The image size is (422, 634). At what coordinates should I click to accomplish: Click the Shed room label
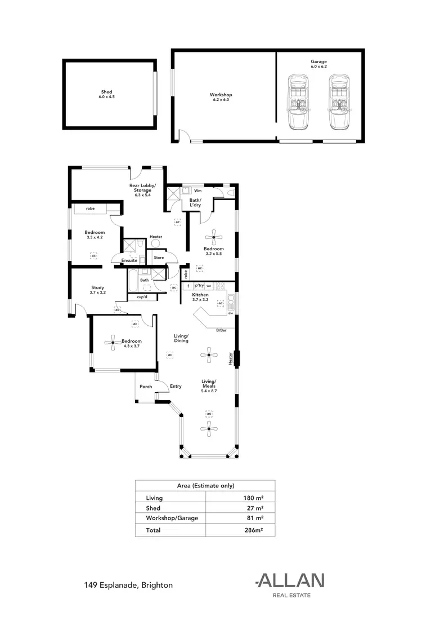(106, 94)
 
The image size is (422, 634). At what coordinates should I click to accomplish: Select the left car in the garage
(297, 101)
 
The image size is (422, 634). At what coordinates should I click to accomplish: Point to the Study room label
(98, 290)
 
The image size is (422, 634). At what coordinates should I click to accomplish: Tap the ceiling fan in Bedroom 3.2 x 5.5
(214, 236)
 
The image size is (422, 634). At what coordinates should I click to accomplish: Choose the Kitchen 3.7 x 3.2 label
(200, 298)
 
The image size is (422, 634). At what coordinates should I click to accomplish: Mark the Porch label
(146, 387)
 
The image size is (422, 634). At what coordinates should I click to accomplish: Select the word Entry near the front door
(176, 386)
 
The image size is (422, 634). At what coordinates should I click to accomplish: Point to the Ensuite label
(129, 261)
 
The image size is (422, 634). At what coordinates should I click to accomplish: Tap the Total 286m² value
(254, 530)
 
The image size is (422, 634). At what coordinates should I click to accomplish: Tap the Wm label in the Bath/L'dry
(197, 190)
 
